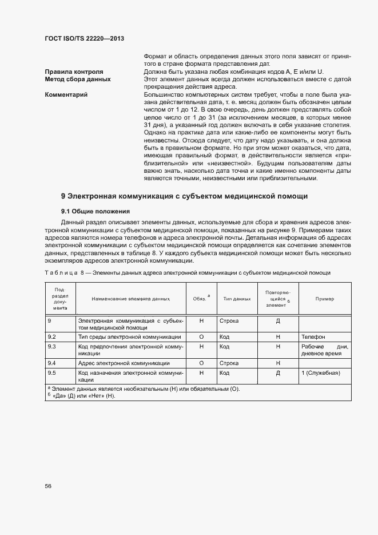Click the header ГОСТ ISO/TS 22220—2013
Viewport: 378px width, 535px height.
[85, 38]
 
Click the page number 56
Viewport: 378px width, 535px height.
[48, 486]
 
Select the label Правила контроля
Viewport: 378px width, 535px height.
[74, 72]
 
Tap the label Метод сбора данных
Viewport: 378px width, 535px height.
[78, 80]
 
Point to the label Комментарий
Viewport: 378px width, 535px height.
[66, 94]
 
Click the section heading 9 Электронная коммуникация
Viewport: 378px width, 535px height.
[184, 196]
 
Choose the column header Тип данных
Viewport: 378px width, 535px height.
[237, 299]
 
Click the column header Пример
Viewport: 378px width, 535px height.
[324, 299]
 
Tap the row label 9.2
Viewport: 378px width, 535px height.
[51, 337]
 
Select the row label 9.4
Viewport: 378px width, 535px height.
[51, 363]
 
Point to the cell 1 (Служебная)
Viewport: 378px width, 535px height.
[321, 372]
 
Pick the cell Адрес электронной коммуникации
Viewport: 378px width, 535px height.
[124, 363]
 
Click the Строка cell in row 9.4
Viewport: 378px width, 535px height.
[229, 363]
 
